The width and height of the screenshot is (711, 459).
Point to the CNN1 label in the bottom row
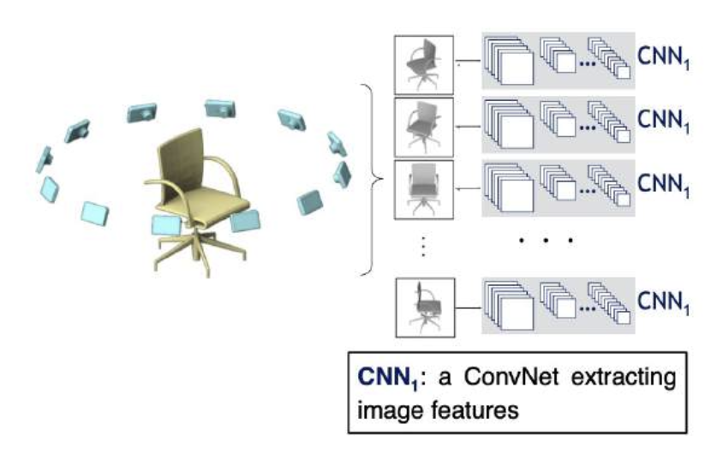[664, 302]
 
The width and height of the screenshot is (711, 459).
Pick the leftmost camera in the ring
[44, 158]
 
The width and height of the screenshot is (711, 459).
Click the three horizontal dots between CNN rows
[546, 242]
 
